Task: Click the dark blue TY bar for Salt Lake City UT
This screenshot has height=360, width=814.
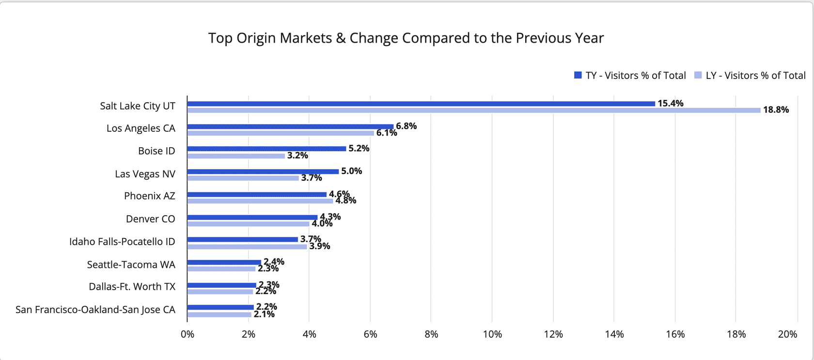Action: pos(421,104)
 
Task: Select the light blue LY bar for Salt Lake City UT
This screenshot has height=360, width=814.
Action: pos(473,110)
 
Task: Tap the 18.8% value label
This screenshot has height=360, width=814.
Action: pos(776,110)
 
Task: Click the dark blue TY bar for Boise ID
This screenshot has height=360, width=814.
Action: pos(266,149)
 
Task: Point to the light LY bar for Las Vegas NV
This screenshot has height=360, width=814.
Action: pos(243,178)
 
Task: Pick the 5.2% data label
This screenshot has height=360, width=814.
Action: pos(359,148)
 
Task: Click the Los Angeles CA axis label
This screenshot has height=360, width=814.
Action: pos(141,128)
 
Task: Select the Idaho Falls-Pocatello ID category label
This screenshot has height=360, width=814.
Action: pos(122,242)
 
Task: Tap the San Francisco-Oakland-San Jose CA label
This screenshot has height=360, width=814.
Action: pos(95,310)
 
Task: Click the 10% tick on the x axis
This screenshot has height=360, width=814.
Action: pos(492,334)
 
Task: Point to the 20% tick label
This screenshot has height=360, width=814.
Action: pos(787,334)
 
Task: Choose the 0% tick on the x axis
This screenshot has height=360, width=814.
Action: pos(187,334)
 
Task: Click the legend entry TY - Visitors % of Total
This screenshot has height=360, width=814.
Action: pos(630,76)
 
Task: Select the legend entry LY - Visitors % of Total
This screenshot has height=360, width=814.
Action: pos(750,76)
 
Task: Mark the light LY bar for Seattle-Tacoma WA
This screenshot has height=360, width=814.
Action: pos(221,269)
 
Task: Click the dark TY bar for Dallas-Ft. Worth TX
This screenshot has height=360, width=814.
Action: pos(221,285)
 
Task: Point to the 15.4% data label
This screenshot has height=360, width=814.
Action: pos(670,103)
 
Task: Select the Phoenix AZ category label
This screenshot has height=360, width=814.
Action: pos(149,196)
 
